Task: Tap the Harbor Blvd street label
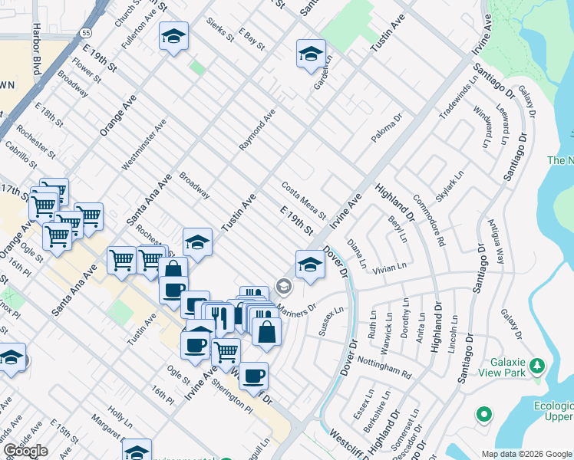(37, 57)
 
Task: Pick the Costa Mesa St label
(304, 199)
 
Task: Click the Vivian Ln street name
(389, 268)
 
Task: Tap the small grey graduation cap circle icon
(284, 287)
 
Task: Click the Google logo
(25, 451)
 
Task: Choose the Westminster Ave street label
(143, 144)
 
